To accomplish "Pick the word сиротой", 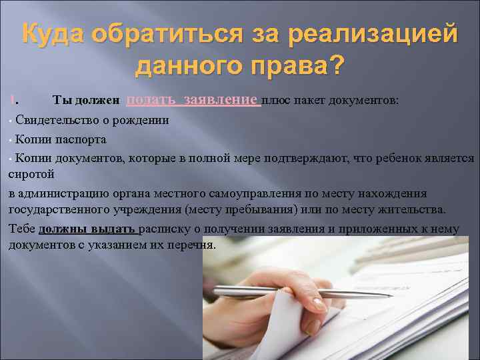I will (31, 174).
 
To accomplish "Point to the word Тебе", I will (22, 229).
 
